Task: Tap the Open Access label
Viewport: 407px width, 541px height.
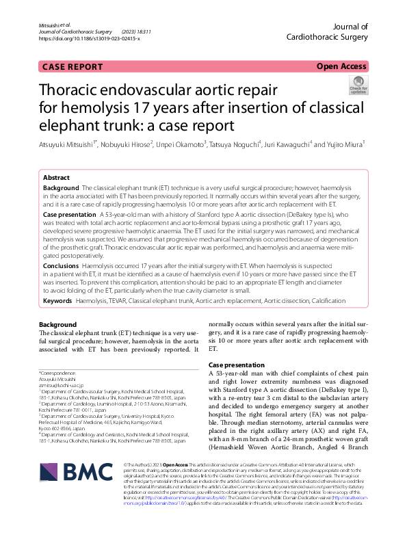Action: tap(341, 66)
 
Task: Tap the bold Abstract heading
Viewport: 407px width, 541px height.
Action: tap(56, 176)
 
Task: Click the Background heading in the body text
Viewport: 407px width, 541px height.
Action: tap(57, 324)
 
